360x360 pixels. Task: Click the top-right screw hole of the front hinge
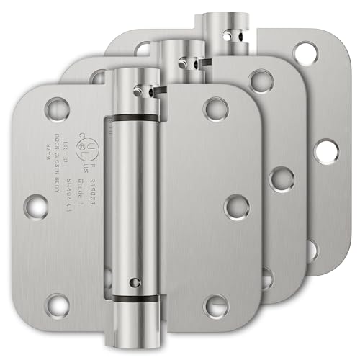[x=213, y=109]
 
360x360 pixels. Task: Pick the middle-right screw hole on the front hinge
[x=235, y=207]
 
